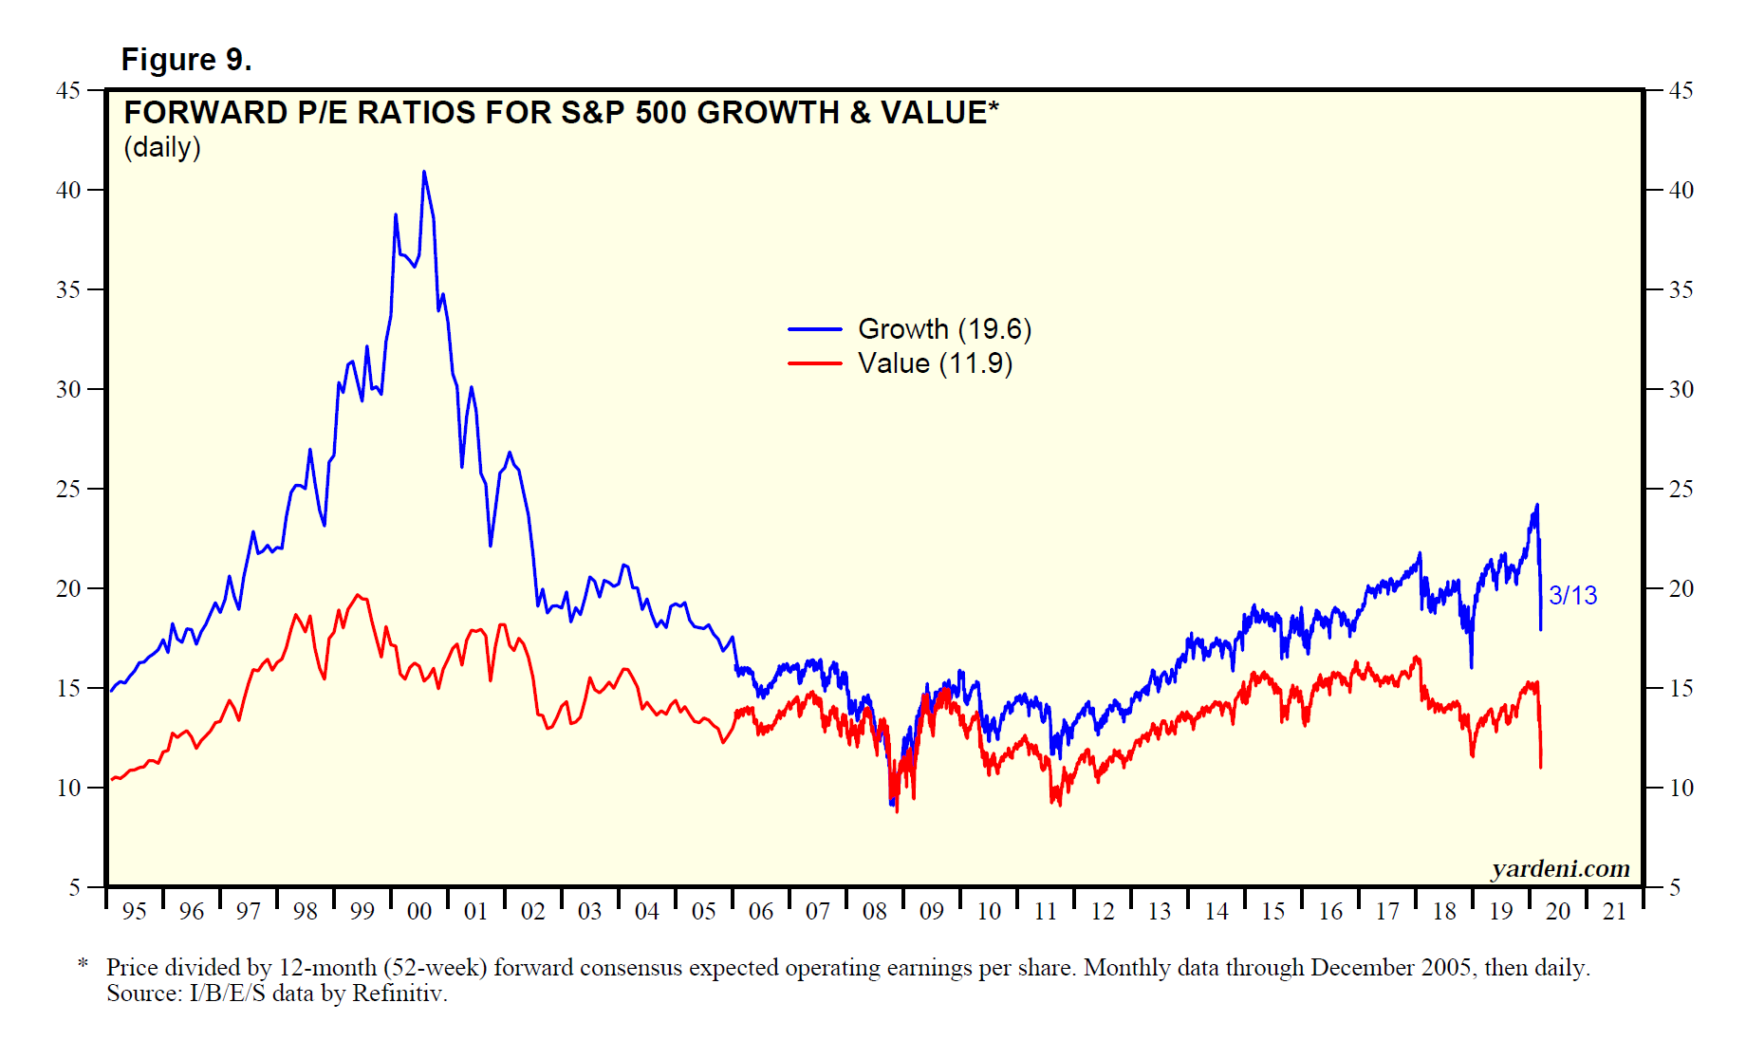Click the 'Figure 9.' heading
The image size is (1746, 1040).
point(186,60)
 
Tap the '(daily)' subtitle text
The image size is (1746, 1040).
point(162,148)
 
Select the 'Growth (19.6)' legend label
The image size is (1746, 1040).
point(944,329)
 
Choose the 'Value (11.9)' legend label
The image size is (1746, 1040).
point(935,363)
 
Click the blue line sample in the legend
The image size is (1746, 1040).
point(814,329)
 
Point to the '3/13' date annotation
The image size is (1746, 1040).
point(1572,596)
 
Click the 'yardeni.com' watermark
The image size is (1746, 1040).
point(1560,868)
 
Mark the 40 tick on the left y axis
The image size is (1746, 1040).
point(68,190)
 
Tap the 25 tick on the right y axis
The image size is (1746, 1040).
point(1681,489)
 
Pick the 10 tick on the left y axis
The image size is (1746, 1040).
point(68,788)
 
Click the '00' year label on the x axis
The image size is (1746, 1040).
point(419,912)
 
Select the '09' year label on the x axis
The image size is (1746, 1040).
point(932,912)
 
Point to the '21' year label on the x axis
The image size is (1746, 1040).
point(1615,912)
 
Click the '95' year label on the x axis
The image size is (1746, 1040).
point(135,912)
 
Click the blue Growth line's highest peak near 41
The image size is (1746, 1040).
point(424,173)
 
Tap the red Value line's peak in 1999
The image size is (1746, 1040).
point(358,596)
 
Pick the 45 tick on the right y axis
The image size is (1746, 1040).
point(1681,90)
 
